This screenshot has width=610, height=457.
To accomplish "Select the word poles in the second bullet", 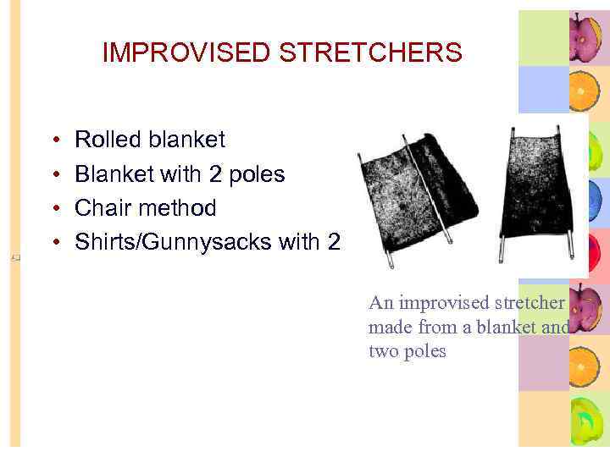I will point(255,174).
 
